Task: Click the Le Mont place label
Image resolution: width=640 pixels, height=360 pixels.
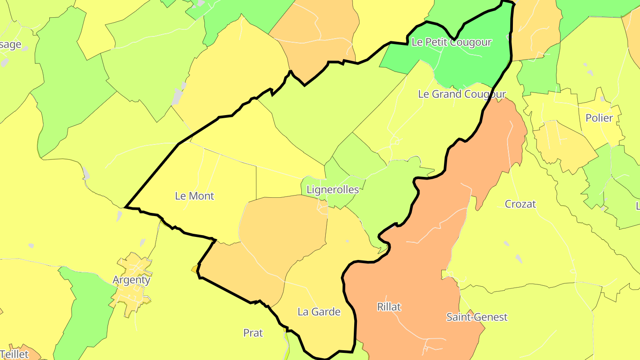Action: [x=195, y=196]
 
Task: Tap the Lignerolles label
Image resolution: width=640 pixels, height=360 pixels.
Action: [x=332, y=190]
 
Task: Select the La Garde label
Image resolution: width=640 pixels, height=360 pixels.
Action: [x=319, y=312]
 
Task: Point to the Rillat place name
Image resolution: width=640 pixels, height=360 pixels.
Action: [x=389, y=307]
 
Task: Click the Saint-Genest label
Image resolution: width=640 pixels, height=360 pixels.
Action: [x=477, y=317]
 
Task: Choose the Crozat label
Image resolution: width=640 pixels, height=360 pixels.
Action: [x=520, y=204]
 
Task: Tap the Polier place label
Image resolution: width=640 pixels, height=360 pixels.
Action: [x=599, y=118]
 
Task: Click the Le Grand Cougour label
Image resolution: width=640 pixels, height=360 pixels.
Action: [x=462, y=94]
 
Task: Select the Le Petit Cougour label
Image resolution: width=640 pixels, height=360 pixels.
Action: [x=452, y=42]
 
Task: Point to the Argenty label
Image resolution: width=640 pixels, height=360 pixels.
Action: [x=132, y=280]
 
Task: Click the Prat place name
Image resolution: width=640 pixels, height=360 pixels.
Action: [x=253, y=333]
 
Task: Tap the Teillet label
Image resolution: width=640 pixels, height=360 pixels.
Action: [x=14, y=354]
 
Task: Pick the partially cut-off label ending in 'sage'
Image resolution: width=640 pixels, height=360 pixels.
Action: [x=11, y=44]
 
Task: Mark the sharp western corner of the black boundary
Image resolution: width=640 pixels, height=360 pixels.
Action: [x=126, y=207]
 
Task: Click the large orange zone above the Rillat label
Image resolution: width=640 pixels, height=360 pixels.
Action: [x=444, y=222]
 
